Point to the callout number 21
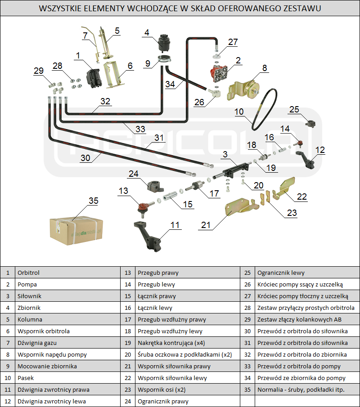(x=206, y=225)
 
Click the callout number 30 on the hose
(x=85, y=158)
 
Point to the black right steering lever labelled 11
(x=148, y=238)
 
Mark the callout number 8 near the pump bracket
(x=265, y=68)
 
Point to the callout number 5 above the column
(x=117, y=31)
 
